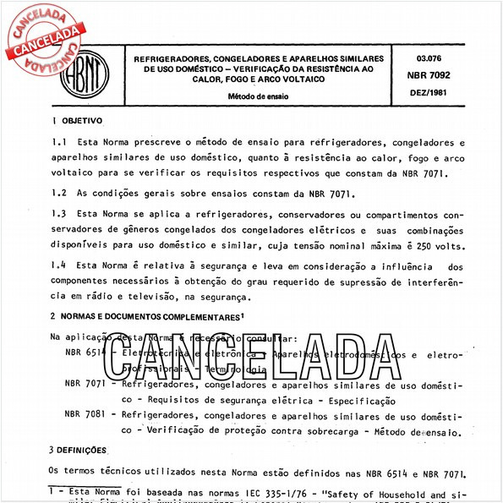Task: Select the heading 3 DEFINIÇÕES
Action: pos(78,450)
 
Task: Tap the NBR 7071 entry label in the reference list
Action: pos(85,383)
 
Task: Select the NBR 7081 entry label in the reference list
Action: pos(85,414)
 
